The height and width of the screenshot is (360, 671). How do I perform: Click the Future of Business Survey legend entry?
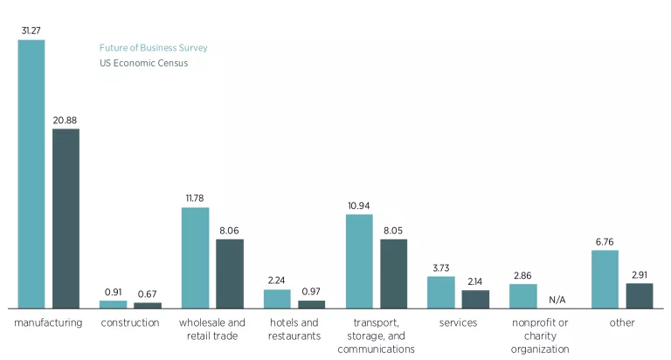pos(153,48)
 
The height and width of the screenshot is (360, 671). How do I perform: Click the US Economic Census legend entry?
pos(142,63)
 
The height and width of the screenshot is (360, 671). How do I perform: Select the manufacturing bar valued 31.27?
pos(31,174)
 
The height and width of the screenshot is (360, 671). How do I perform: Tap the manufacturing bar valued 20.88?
pos(66,218)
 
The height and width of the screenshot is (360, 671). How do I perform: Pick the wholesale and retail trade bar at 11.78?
pos(195,258)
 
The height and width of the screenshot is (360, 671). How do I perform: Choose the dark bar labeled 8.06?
pos(229,273)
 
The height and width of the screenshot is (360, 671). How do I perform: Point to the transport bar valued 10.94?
pos(359,261)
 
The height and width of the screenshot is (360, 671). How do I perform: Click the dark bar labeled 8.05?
pos(393,273)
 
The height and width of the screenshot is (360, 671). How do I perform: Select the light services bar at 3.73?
pos(440,292)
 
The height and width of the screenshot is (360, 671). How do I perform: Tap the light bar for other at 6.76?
pos(605,279)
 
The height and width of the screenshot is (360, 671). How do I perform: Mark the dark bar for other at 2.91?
pos(639,295)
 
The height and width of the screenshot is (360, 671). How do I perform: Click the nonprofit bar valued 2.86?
pos(522,296)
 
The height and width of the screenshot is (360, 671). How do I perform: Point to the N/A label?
pos(557,300)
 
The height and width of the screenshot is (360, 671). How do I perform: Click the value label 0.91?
pos(113,292)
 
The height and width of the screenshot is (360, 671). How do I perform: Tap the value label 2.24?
pos(277,280)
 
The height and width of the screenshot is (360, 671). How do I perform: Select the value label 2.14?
pos(475,281)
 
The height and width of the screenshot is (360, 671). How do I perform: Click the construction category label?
pos(129,322)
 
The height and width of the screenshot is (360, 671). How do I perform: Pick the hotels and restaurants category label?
pos(294,329)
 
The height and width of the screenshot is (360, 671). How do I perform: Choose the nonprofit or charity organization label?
pos(539,336)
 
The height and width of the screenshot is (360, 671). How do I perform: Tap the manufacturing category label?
pos(48,322)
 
